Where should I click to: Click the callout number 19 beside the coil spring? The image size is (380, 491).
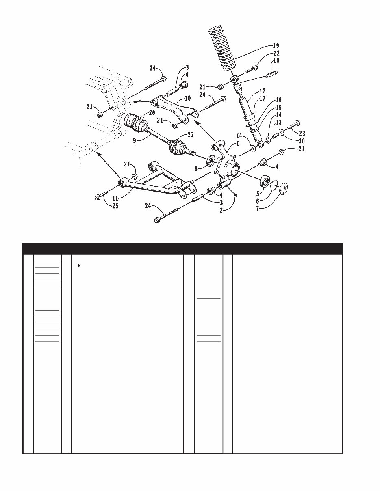pos(276,45)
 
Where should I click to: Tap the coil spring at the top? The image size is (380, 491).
pos(221,49)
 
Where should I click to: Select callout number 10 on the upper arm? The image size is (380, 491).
pos(188,98)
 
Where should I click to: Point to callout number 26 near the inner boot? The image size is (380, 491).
pos(152,112)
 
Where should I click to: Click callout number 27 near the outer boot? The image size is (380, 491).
pos(191,135)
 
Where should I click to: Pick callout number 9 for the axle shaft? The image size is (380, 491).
pos(135,140)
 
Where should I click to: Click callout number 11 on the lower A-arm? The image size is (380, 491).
pos(115,198)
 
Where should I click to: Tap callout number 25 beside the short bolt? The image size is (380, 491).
pos(115,206)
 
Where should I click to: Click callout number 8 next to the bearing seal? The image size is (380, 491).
pos(196,168)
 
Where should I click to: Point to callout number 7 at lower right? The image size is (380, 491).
pos(258,209)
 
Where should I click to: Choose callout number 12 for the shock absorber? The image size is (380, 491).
pos(262,91)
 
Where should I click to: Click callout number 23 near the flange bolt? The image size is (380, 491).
pos(302,134)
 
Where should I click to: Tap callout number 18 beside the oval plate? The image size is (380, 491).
pos(276,60)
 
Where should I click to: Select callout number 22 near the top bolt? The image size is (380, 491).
pos(276,53)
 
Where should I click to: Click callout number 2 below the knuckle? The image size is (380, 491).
pos(221,210)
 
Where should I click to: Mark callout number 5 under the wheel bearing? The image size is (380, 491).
pos(258,194)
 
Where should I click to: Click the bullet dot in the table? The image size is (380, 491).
pos(78,266)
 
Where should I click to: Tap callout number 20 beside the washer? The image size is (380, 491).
pos(302,141)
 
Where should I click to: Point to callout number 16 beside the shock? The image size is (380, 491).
pos(278,100)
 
